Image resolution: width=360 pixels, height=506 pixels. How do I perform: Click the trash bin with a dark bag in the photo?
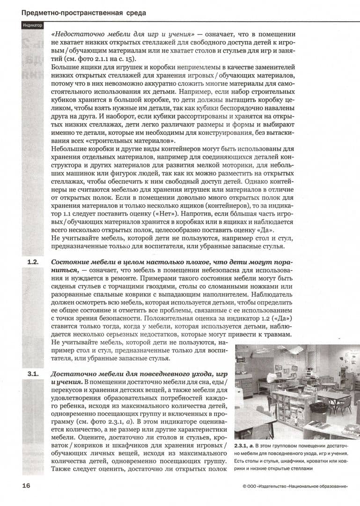click(318, 407)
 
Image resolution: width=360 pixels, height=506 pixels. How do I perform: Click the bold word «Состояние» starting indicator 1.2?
click(70, 262)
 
